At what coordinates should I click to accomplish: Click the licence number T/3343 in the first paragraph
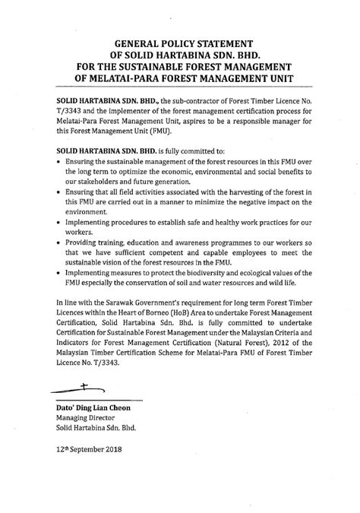pyautogui.click(x=71, y=109)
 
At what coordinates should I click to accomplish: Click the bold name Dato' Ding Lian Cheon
pyautogui.click(x=92, y=407)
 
